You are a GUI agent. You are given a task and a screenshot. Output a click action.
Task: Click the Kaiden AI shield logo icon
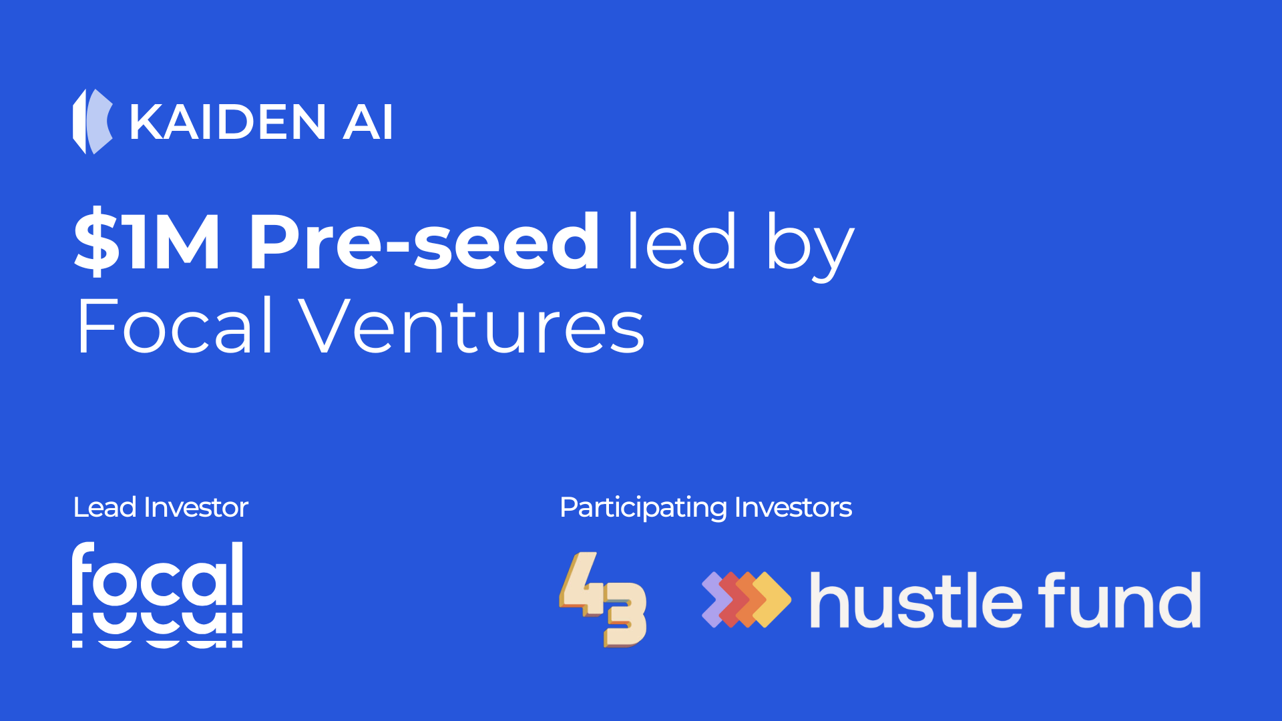click(92, 122)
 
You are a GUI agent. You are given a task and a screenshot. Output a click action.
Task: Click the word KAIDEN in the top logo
click(228, 122)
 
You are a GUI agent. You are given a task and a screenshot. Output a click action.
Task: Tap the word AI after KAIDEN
click(367, 122)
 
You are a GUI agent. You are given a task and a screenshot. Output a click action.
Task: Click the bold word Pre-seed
click(425, 240)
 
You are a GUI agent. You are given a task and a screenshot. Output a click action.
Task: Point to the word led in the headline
click(682, 240)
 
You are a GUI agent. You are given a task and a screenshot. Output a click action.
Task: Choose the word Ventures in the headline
click(471, 326)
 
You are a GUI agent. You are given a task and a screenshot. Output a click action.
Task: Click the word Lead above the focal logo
click(105, 507)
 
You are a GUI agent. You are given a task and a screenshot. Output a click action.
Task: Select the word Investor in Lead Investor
click(196, 507)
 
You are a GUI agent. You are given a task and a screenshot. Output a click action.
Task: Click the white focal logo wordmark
click(158, 594)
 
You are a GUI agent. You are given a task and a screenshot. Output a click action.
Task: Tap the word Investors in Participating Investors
click(793, 507)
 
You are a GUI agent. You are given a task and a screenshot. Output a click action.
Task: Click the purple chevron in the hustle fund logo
click(712, 599)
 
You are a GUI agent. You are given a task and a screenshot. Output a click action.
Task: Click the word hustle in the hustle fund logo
click(915, 600)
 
